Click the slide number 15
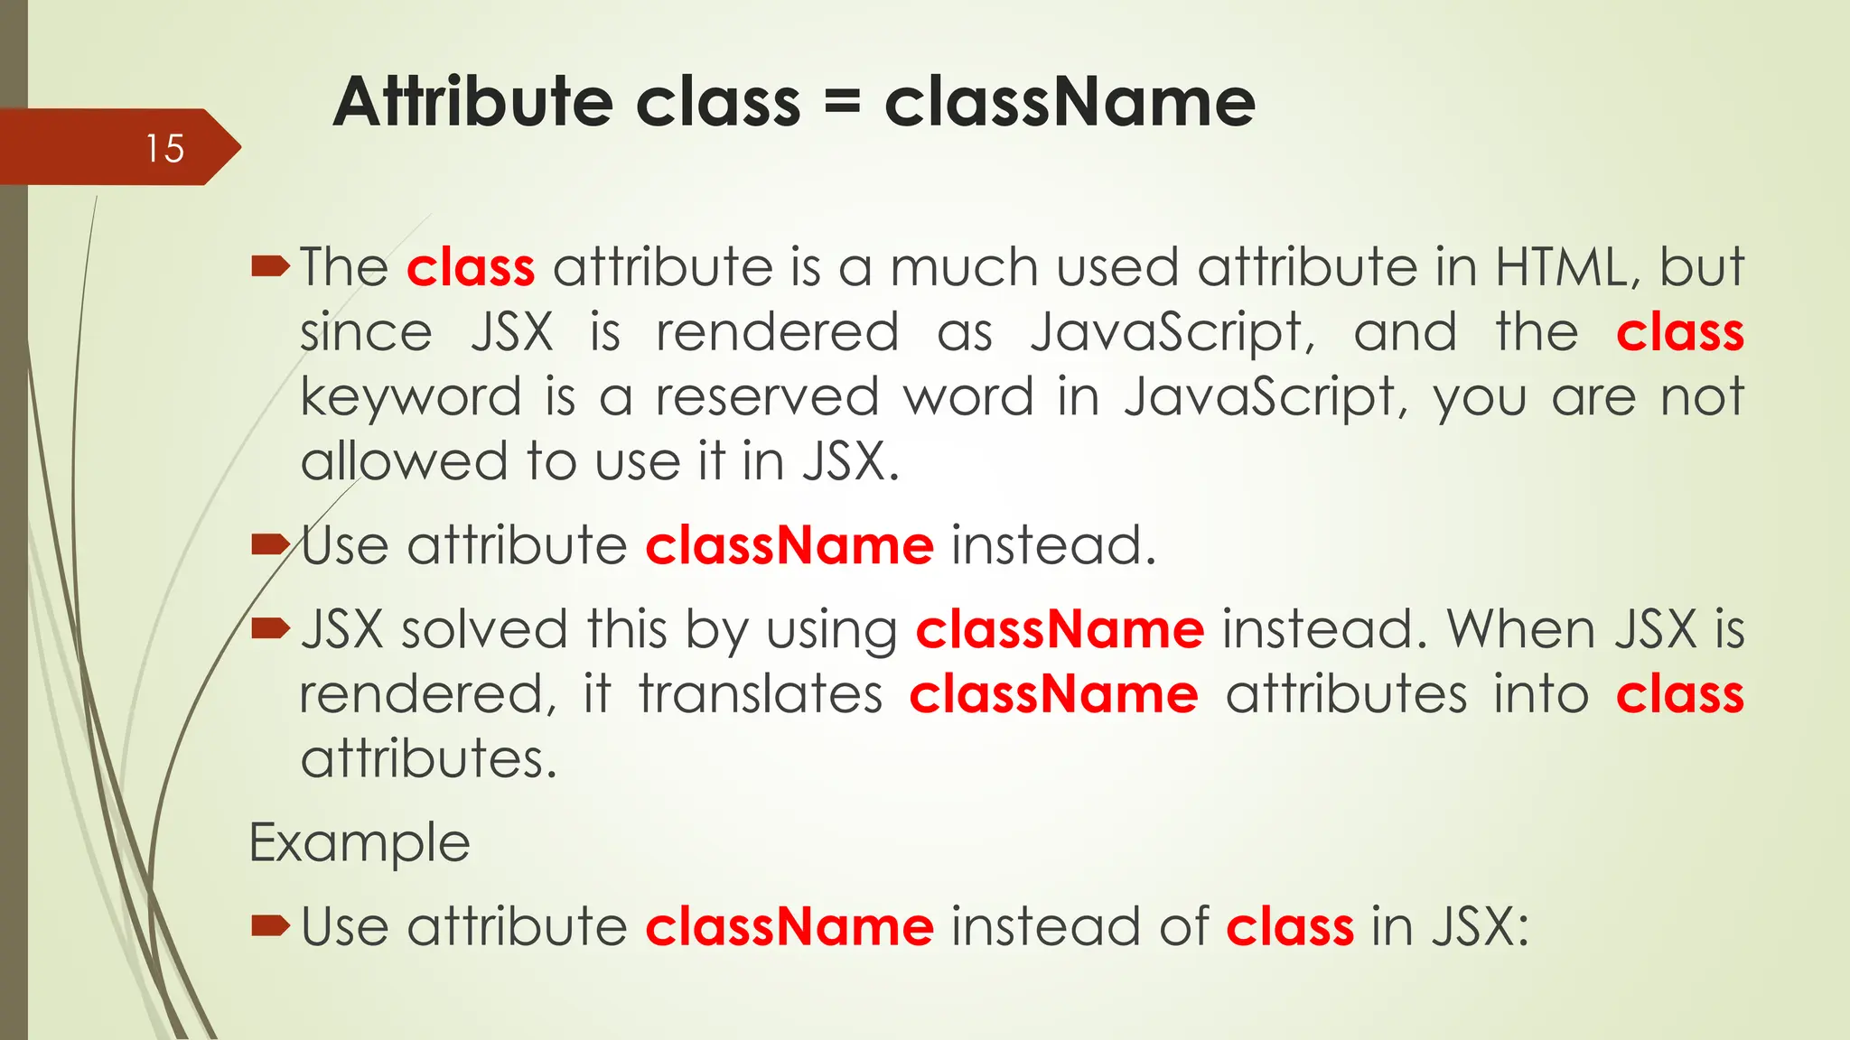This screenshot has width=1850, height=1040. pyautogui.click(x=164, y=149)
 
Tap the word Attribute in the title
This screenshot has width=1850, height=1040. pyautogui.click(x=477, y=101)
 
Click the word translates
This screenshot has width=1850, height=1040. pyautogui.click(x=761, y=695)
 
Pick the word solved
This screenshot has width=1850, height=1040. pyautogui.click(x=484, y=629)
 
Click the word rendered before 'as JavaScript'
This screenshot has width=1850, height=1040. pyautogui.click(x=777, y=332)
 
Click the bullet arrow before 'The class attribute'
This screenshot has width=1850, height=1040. pyautogui.click(x=270, y=266)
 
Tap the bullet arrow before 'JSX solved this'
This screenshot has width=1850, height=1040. pyautogui.click(x=270, y=628)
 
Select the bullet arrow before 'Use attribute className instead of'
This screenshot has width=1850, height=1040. pyautogui.click(x=270, y=926)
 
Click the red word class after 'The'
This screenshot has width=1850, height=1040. pyautogui.click(x=471, y=268)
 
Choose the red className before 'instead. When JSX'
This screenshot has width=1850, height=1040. pyautogui.click(x=1060, y=629)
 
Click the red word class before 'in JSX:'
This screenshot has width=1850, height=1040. pyautogui.click(x=1290, y=927)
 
